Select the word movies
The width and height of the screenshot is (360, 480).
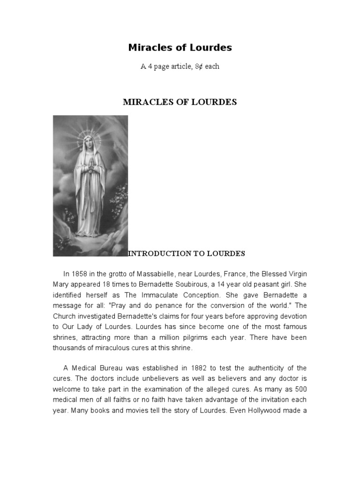pos(130,411)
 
